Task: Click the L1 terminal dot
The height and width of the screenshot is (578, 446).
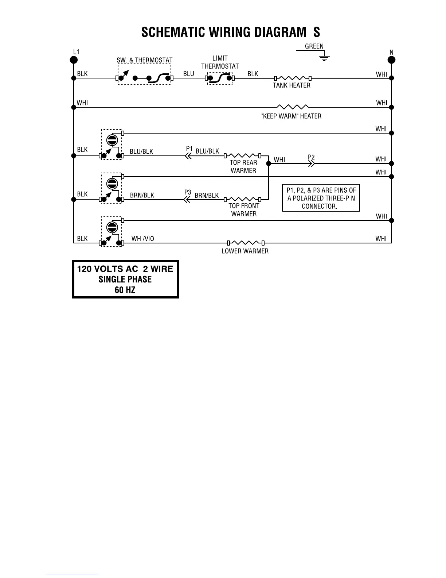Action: pyautogui.click(x=74, y=60)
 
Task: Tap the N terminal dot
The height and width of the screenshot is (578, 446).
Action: pyautogui.click(x=391, y=60)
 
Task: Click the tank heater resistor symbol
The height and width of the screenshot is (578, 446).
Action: pyautogui.click(x=292, y=78)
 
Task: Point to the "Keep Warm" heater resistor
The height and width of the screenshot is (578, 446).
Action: pyautogui.click(x=293, y=107)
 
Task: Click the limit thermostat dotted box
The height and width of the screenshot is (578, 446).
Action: pyautogui.click(x=220, y=78)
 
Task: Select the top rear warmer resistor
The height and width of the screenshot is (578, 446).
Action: pyautogui.click(x=243, y=155)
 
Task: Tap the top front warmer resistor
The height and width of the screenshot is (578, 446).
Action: pyautogui.click(x=243, y=199)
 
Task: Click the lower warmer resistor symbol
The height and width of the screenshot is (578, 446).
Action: pyautogui.click(x=246, y=243)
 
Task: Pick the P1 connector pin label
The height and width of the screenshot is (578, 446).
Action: pyautogui.click(x=189, y=149)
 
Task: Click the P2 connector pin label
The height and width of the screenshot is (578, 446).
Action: pyautogui.click(x=311, y=157)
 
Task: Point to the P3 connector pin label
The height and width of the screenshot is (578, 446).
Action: pyautogui.click(x=188, y=192)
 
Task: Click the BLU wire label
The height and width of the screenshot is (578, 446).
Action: pyautogui.click(x=189, y=74)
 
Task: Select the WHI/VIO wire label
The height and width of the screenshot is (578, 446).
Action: pyautogui.click(x=142, y=239)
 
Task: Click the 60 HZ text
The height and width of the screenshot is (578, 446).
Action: pyautogui.click(x=125, y=290)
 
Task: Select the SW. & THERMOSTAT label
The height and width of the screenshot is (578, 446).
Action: pyautogui.click(x=144, y=60)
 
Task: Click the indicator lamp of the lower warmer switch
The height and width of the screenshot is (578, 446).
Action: pyautogui.click(x=112, y=227)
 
